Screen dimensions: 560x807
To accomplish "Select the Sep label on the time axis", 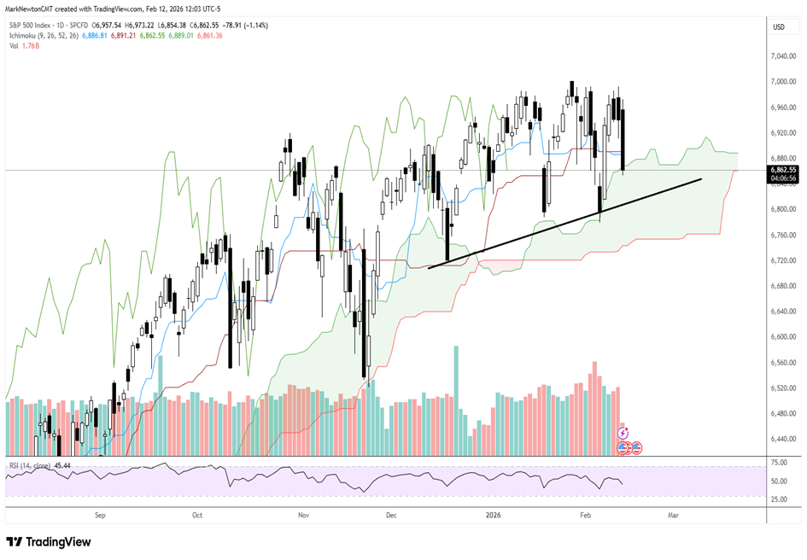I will (99, 516).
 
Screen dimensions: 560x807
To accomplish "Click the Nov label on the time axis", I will (302, 516).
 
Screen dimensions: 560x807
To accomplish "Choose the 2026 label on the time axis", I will (494, 516).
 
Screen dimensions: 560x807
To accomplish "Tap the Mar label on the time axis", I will (673, 516).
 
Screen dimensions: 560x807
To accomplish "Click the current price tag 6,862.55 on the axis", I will (782, 170).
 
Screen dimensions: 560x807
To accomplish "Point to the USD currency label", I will (778, 27).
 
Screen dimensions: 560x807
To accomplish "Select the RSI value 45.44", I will (61, 465).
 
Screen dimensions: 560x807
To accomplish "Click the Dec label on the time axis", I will (392, 516).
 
